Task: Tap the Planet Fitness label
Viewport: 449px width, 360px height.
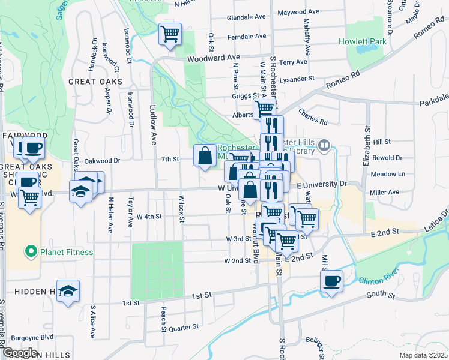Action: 66,252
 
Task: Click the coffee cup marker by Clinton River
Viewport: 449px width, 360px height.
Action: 332,281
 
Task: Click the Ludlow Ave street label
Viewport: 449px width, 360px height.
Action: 153,130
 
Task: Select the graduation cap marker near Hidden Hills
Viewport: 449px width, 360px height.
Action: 68,291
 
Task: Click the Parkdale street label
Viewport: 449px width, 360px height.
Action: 433,101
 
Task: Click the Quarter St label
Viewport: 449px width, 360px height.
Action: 184,328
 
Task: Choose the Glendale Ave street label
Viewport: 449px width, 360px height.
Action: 246,17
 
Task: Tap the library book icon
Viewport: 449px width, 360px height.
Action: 325,145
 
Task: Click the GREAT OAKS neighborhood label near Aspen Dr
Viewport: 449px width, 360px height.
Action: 95,81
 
